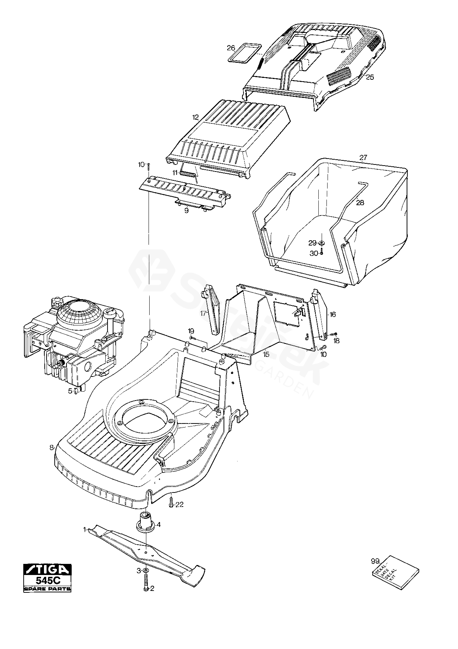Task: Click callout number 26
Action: tap(231, 48)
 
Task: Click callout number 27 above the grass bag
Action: tap(363, 157)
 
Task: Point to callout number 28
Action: tap(360, 203)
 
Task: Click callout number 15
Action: tap(266, 354)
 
